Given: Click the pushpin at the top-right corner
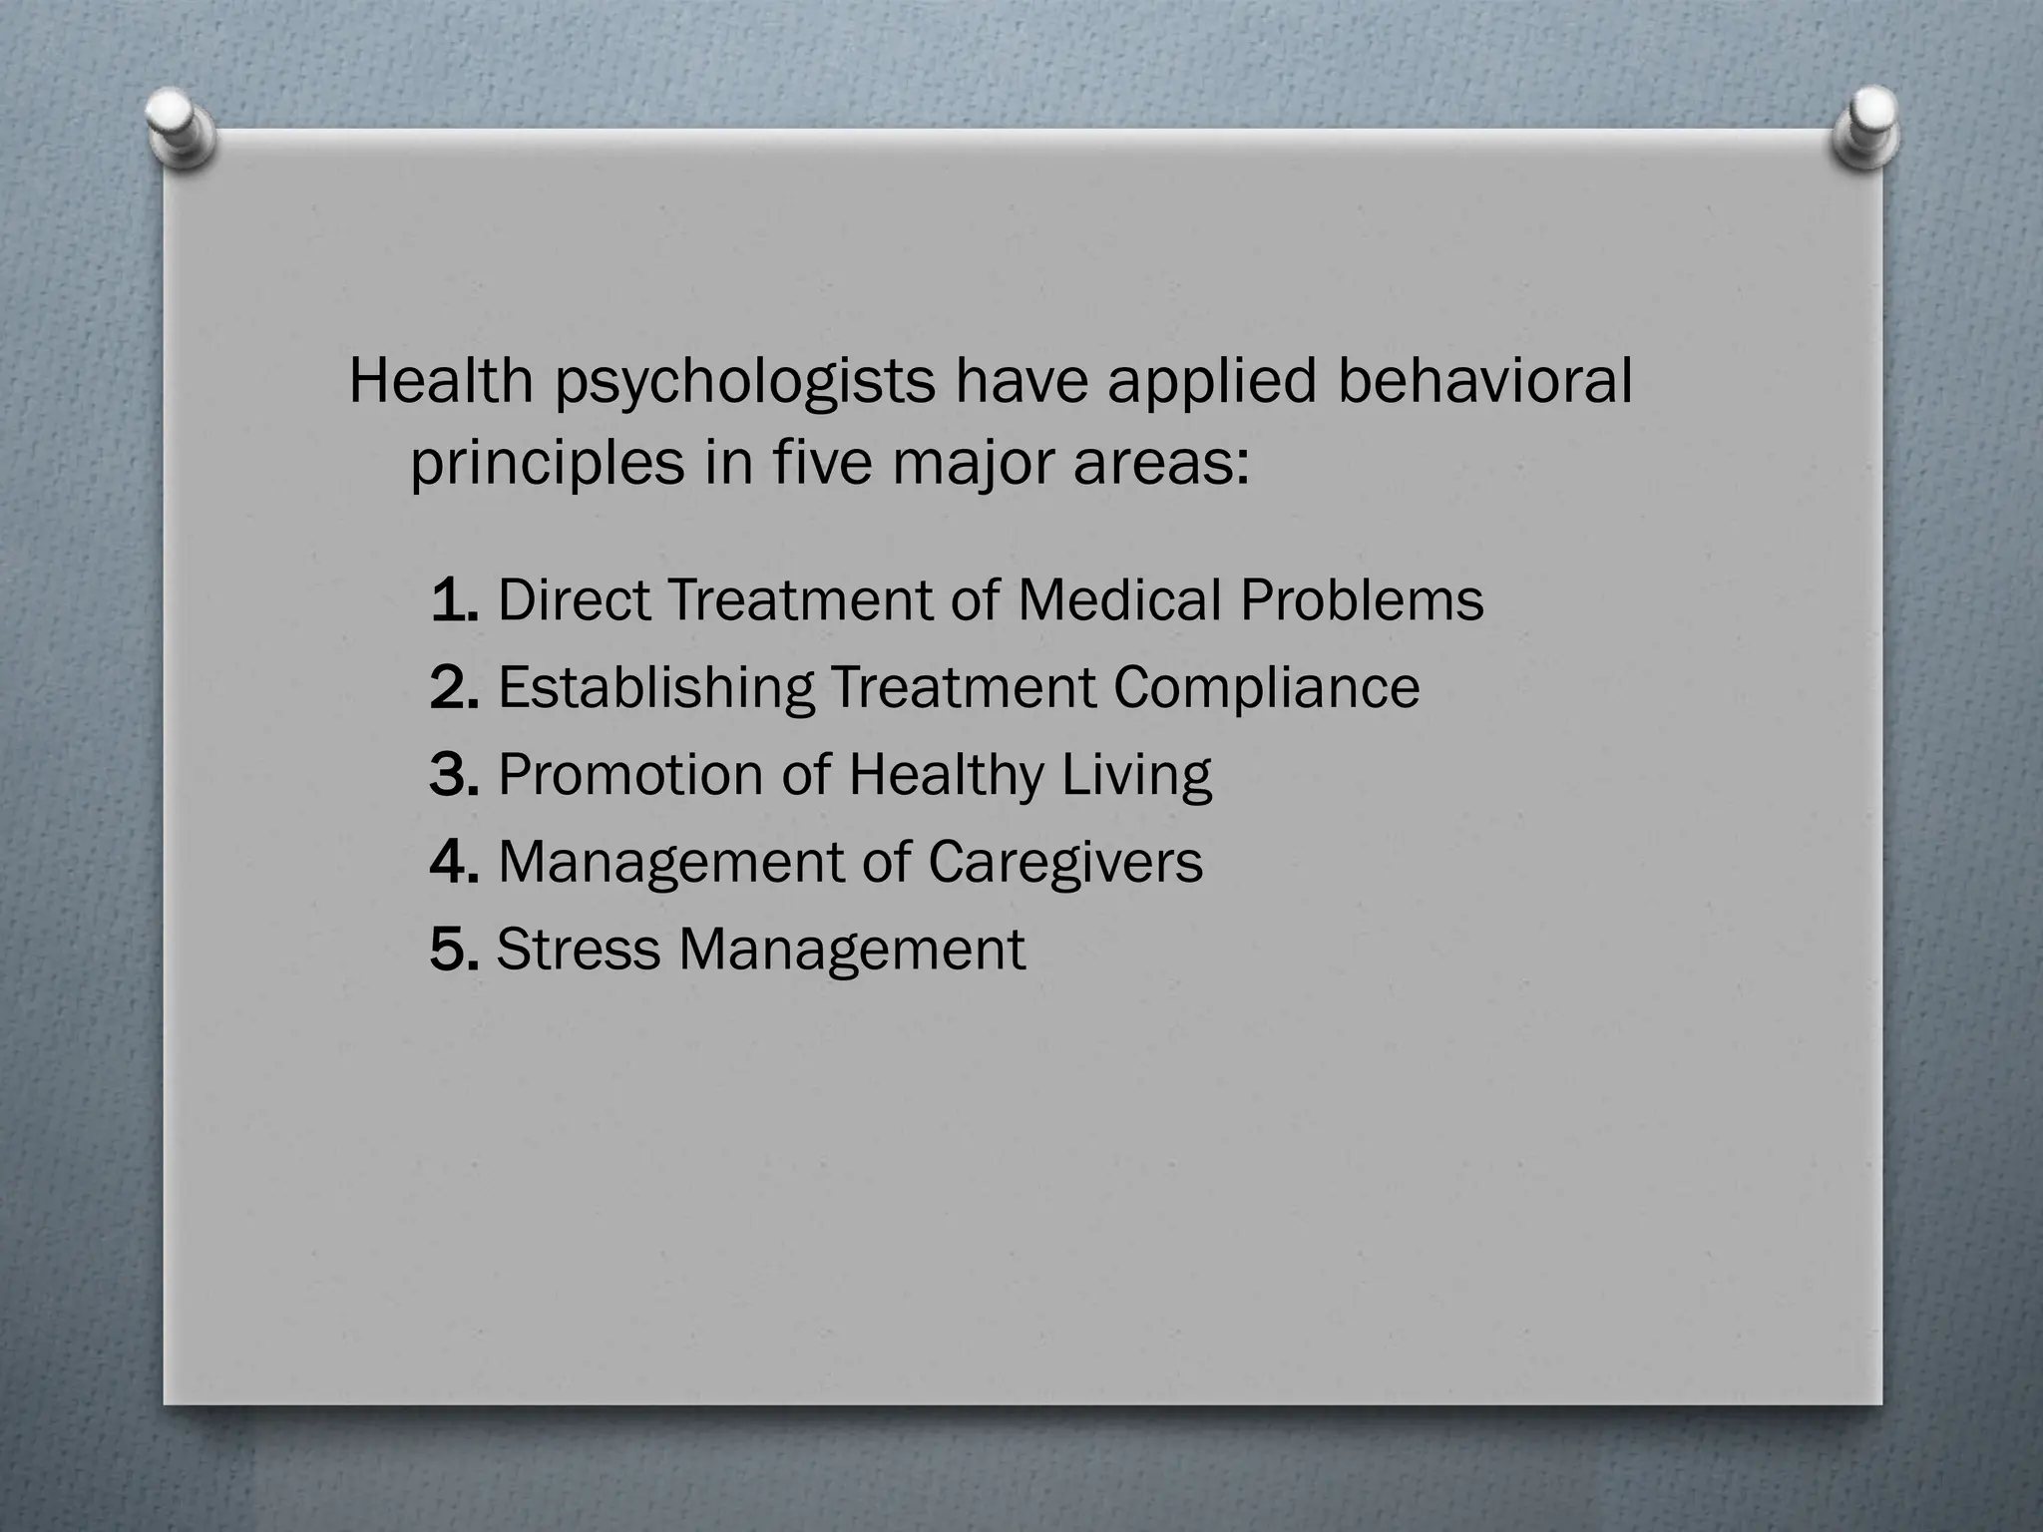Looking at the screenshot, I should click(x=1866, y=128).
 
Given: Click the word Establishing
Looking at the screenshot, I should click(x=655, y=688).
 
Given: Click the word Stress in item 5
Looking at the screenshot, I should click(x=578, y=949).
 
